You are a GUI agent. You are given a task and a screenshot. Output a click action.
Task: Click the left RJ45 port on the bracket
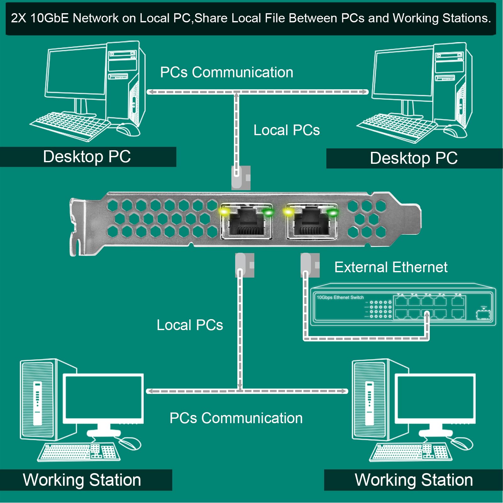pos(246,222)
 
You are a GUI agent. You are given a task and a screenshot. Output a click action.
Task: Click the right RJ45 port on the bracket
pos(312,222)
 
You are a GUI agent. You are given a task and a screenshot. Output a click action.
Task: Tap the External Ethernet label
pos(390,267)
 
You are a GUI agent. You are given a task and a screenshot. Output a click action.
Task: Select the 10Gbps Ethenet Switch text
pos(340,297)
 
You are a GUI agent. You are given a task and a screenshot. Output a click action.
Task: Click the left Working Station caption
pos(82,480)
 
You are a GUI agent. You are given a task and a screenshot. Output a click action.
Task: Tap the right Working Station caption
pos(414,480)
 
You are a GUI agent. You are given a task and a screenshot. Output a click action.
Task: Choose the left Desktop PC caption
pos(87,157)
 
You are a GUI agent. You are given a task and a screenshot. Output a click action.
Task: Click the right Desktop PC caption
pos(414,158)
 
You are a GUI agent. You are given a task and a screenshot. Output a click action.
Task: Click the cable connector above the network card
pos(240,178)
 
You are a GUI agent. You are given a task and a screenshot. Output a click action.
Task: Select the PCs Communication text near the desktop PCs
pos(226,72)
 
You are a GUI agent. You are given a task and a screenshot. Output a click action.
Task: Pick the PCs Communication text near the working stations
pos(236,418)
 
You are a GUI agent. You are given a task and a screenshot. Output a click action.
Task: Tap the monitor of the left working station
pos(103,397)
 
